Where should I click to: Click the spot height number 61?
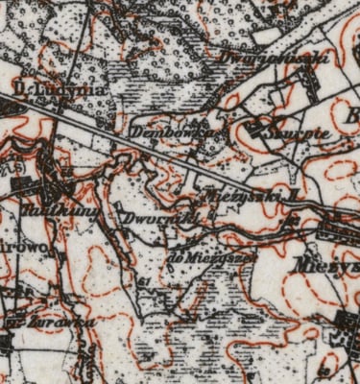[144, 281]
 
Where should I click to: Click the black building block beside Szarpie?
[257, 126]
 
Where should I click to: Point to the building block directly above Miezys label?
[336, 230]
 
